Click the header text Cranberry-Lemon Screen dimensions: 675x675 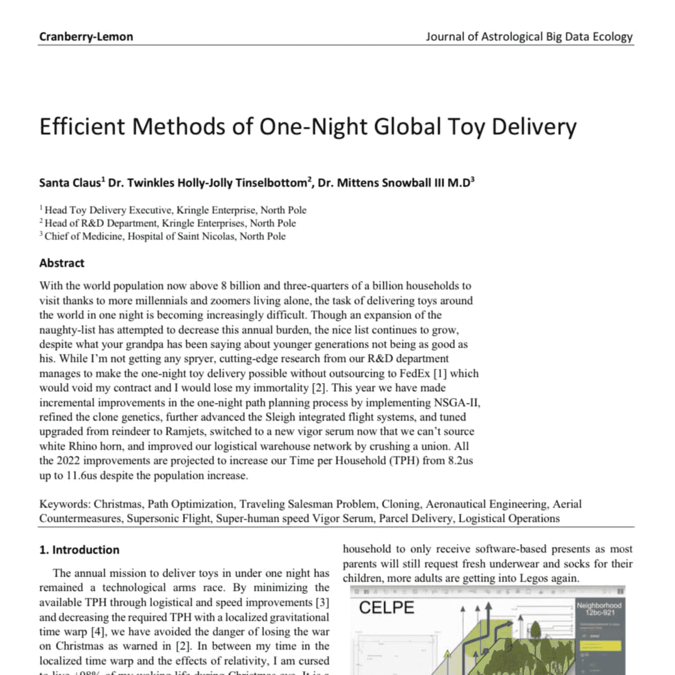coord(86,37)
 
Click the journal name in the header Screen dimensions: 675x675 coord(529,37)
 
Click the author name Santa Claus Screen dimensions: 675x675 coord(70,183)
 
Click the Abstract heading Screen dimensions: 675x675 coord(62,263)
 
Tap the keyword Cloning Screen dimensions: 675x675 coord(401,504)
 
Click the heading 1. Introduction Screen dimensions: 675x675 coord(79,550)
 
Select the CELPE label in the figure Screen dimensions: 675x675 coord(386,607)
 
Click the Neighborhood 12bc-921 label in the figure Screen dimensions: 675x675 coord(599,609)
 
